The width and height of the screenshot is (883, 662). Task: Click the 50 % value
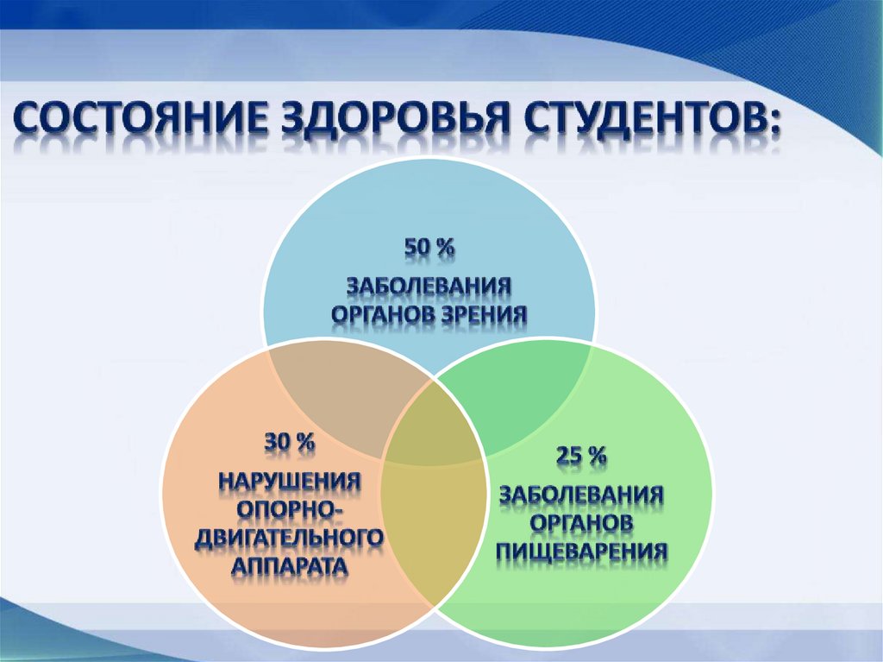[429, 247]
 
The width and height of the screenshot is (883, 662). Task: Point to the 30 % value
[290, 443]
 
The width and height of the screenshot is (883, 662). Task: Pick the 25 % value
[581, 455]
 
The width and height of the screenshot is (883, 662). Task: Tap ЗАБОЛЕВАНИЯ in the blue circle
[429, 286]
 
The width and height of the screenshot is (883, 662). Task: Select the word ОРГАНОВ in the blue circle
[383, 314]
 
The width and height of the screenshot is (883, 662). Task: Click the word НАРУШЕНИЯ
[290, 482]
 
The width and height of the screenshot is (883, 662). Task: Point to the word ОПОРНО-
[290, 510]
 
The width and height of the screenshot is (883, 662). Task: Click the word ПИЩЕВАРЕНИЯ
[582, 550]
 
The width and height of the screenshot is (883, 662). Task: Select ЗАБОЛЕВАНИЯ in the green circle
[582, 495]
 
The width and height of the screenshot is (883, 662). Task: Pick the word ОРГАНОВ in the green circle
[582, 522]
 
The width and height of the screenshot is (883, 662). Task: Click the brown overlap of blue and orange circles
[343, 394]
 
